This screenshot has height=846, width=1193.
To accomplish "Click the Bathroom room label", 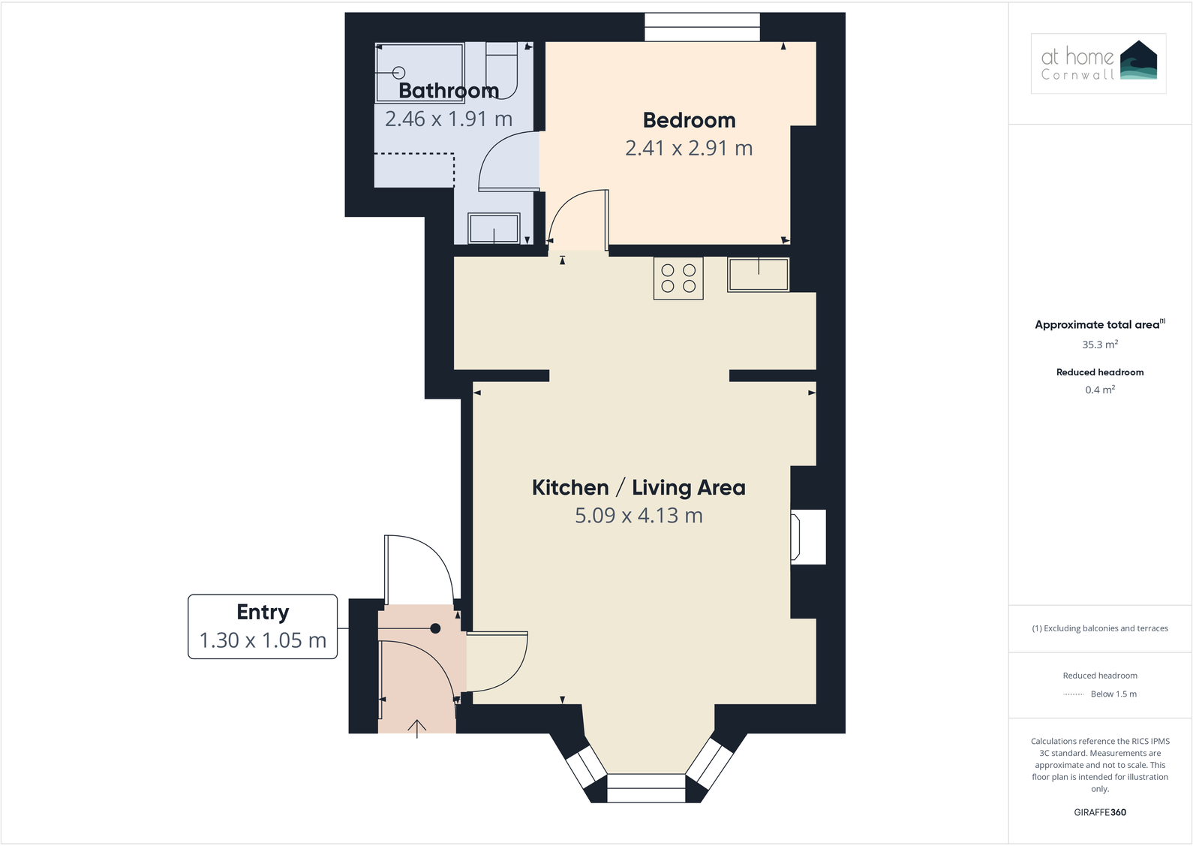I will (x=449, y=91).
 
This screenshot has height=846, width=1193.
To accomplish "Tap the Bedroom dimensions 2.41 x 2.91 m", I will (x=689, y=149).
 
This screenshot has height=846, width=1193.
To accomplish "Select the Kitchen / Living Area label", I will (x=639, y=488).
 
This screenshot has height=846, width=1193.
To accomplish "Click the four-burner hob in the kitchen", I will (x=678, y=278).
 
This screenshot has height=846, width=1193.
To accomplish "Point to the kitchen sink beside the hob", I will (x=758, y=275).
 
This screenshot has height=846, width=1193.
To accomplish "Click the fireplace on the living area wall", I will (x=808, y=537).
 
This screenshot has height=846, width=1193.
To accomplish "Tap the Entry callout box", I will (x=263, y=627).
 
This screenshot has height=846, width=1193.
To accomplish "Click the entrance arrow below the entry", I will (x=416, y=728).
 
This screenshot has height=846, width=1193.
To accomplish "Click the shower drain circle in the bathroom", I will (x=399, y=73).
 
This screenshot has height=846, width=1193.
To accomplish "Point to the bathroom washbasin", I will (x=494, y=228).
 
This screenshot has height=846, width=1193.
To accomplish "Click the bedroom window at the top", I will (x=702, y=28).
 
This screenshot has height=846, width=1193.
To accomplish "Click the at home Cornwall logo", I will (x=1098, y=63).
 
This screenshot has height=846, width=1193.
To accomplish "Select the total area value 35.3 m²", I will (x=1100, y=345).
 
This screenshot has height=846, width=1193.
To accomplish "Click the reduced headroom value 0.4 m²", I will (x=1100, y=390).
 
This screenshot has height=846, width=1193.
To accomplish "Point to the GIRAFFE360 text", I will (x=1100, y=812).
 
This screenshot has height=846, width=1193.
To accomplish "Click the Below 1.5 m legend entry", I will (x=1113, y=694).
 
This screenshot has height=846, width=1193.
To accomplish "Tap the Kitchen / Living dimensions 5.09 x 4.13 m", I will (x=639, y=516).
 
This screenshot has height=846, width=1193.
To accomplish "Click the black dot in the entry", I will (x=435, y=628).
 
